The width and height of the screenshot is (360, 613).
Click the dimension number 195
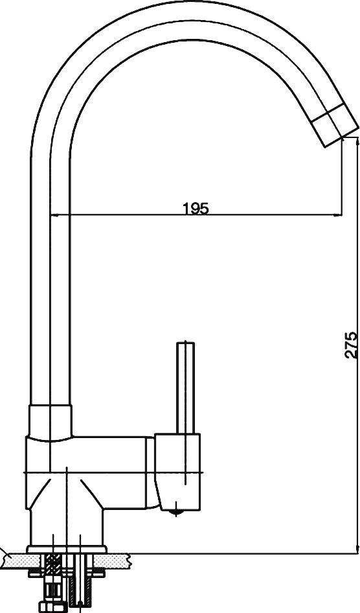[196, 209]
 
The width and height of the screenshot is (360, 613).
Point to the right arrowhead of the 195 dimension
[338, 214]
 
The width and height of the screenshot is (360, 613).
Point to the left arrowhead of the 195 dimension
[55, 214]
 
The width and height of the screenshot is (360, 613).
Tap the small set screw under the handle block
[177, 513]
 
